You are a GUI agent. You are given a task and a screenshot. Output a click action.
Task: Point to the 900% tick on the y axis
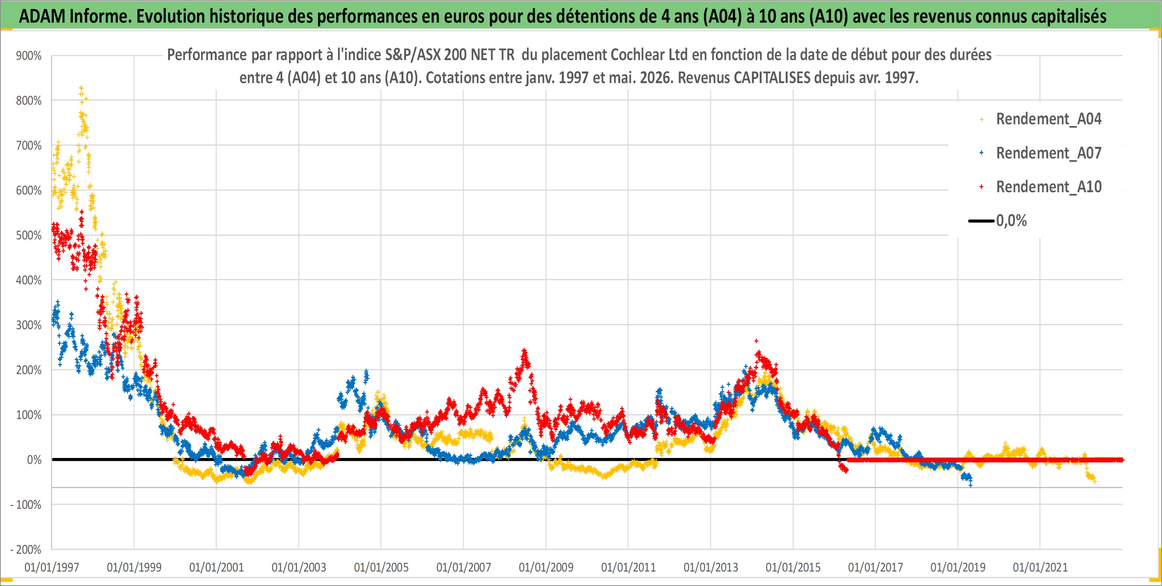pos(29,56)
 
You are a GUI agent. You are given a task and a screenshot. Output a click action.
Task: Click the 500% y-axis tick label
pos(29,236)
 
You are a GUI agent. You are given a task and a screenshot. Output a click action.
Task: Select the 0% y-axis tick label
pos(34,460)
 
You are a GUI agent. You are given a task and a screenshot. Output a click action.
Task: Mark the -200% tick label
pos(26,550)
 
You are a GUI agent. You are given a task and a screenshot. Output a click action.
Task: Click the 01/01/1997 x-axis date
pos(52,567)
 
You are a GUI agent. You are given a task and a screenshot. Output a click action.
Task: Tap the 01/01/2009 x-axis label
pos(546,567)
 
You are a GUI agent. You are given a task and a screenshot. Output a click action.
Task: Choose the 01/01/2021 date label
pos(1040,567)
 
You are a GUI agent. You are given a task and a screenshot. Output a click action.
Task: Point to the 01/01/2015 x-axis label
pos(793,567)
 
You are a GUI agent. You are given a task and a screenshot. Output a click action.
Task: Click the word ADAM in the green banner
pos(42,17)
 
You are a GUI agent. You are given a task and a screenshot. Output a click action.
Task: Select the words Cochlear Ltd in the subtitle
pos(649,55)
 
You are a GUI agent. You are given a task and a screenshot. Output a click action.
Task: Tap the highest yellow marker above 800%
pos(81,88)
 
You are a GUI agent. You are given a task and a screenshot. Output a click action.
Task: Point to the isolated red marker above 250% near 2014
pos(756,341)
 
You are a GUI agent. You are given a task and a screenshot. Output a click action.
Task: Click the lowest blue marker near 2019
pos(970,485)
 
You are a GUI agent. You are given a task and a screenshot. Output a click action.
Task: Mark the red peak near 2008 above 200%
pos(524,350)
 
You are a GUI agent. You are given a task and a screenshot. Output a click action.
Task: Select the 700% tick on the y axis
pos(29,146)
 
